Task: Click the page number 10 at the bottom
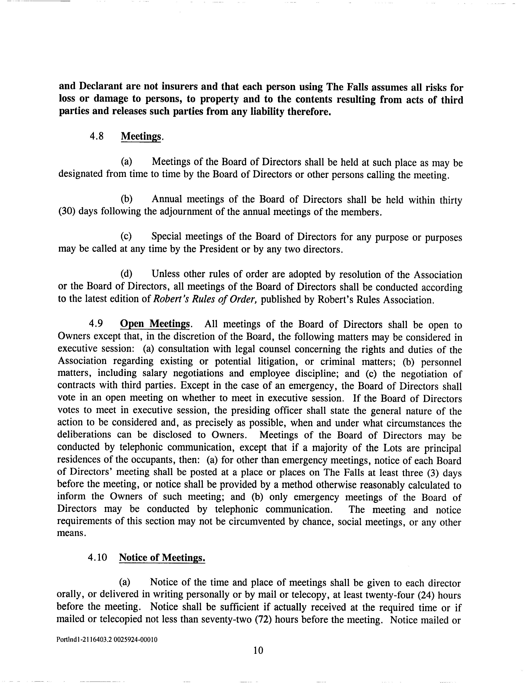[258, 650]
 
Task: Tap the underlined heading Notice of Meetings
[162, 557]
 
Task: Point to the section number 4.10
[98, 557]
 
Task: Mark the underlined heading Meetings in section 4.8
[141, 136]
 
